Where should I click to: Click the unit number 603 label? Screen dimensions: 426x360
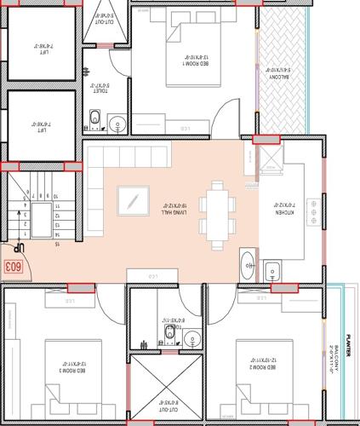(x=13, y=267)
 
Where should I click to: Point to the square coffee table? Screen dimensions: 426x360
(x=132, y=201)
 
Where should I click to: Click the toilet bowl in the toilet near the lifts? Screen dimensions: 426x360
(x=94, y=117)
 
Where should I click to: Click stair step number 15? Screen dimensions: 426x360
(x=58, y=245)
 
